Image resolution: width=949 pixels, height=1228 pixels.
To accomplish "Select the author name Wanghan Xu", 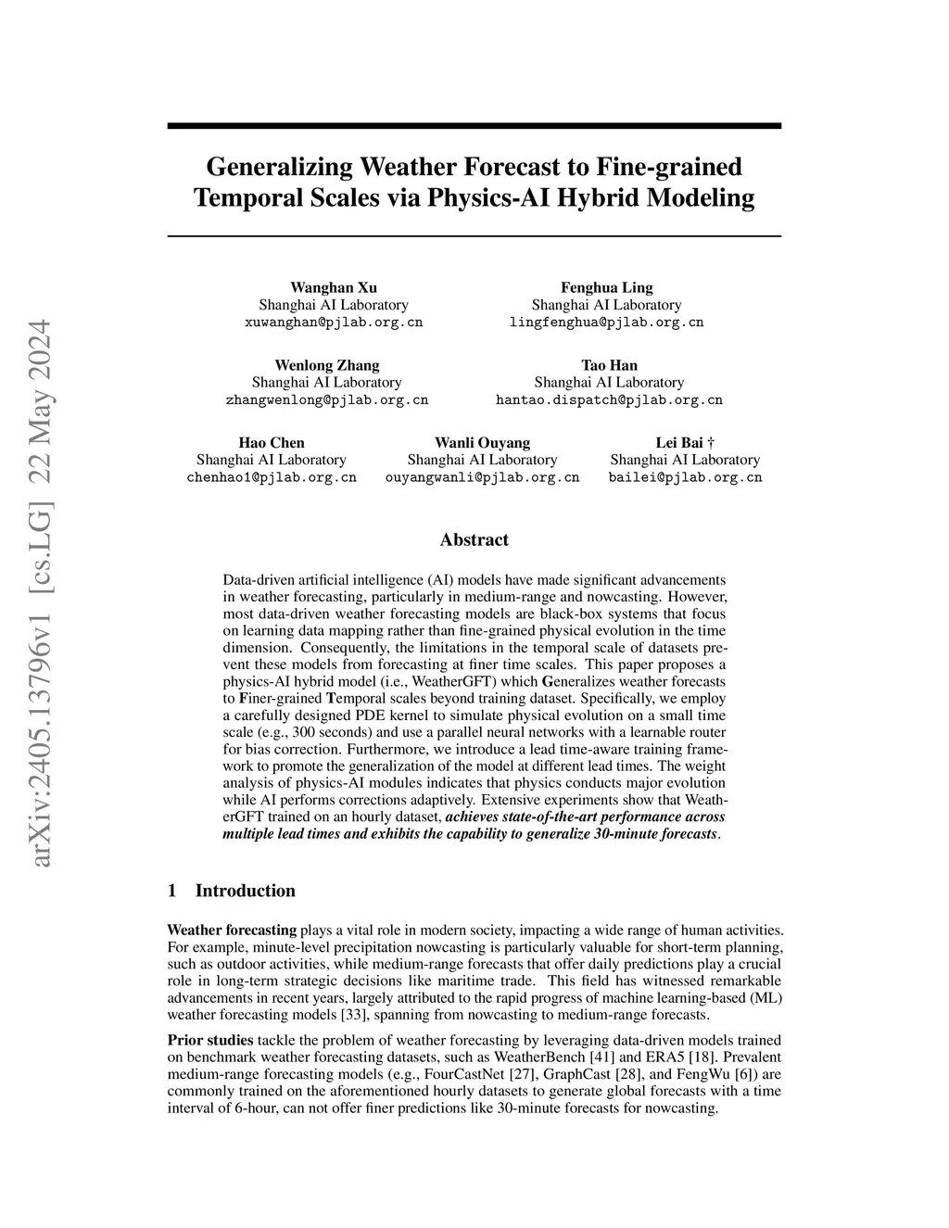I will pos(334,287).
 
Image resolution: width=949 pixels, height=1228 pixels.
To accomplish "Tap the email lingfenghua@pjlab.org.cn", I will pos(606,323).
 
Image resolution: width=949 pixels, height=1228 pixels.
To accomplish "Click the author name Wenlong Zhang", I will pos(327,365).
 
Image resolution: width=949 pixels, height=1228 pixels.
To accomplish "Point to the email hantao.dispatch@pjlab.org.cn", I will pos(609,400).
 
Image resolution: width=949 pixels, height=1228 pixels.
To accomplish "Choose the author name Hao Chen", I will pos(272,443).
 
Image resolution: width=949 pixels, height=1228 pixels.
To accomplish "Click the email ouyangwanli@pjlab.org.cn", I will pos(482,477).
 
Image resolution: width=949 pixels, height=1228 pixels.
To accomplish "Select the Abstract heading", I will pos(474,539).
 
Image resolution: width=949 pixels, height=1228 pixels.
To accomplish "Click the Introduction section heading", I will pos(245,891).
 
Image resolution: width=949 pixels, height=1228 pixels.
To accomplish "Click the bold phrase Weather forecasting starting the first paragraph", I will pos(232,930).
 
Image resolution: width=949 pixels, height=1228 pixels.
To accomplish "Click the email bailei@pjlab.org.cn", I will pos(685,477).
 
